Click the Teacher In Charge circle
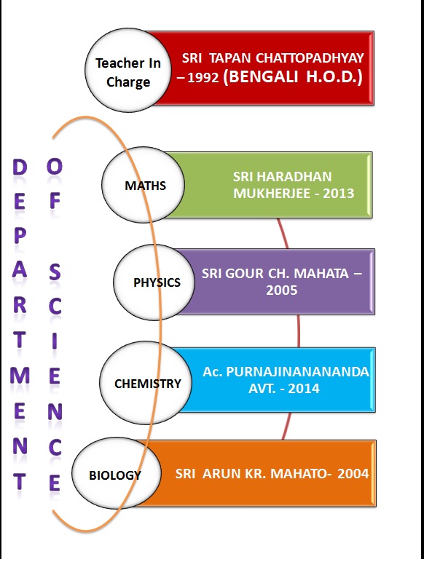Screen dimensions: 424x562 (127, 70)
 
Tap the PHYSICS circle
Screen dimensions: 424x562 (154, 282)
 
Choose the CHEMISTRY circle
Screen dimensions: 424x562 (146, 383)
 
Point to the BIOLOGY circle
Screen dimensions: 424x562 (117, 473)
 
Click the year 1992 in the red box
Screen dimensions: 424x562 (203, 78)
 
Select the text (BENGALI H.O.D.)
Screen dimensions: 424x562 (293, 76)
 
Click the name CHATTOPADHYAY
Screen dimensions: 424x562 (310, 58)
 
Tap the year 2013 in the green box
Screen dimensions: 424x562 (339, 194)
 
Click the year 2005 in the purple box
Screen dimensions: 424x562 (282, 290)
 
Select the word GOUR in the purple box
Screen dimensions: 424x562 (246, 274)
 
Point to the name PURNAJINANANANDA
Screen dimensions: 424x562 (298, 372)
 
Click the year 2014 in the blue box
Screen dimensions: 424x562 (304, 389)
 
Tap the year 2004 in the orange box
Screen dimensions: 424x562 (353, 474)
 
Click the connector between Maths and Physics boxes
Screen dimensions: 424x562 (283, 233)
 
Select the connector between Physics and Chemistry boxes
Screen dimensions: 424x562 (299, 331)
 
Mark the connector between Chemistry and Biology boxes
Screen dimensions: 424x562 (286, 426)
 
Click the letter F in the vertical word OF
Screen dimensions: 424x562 (55, 201)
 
